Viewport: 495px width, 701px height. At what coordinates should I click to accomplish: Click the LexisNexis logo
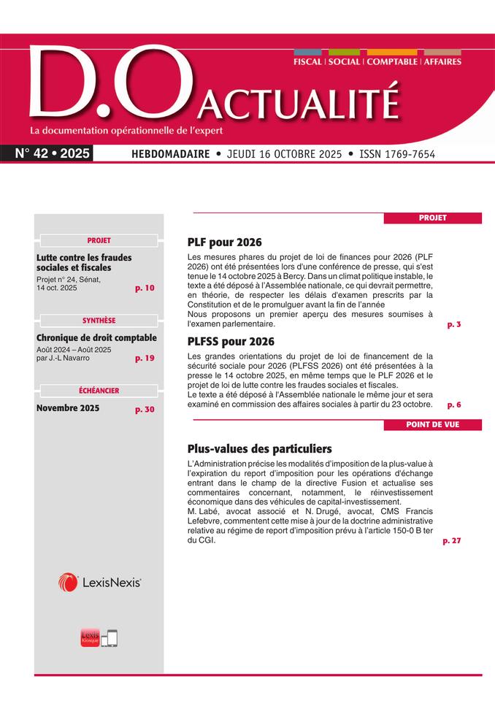99,582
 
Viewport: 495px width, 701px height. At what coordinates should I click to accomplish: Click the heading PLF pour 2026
224,242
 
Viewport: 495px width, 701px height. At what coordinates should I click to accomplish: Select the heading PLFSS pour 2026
231,341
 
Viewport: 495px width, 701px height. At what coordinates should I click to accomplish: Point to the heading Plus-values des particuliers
259,448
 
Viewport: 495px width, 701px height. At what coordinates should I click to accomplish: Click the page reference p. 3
454,324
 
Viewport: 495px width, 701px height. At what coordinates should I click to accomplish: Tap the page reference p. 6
454,404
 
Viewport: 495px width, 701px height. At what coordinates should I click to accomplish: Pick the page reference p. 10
145,288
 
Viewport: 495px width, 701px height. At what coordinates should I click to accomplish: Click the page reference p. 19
145,359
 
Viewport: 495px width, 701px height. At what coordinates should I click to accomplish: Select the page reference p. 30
145,410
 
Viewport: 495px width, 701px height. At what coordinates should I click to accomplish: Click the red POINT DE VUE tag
433,425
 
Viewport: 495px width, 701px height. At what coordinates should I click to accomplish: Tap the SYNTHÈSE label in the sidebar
99,320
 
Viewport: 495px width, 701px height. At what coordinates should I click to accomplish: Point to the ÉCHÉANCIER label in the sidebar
99,391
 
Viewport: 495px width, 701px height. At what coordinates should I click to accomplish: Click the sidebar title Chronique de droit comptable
96,337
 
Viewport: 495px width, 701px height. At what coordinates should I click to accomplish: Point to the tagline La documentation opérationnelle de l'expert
126,131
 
